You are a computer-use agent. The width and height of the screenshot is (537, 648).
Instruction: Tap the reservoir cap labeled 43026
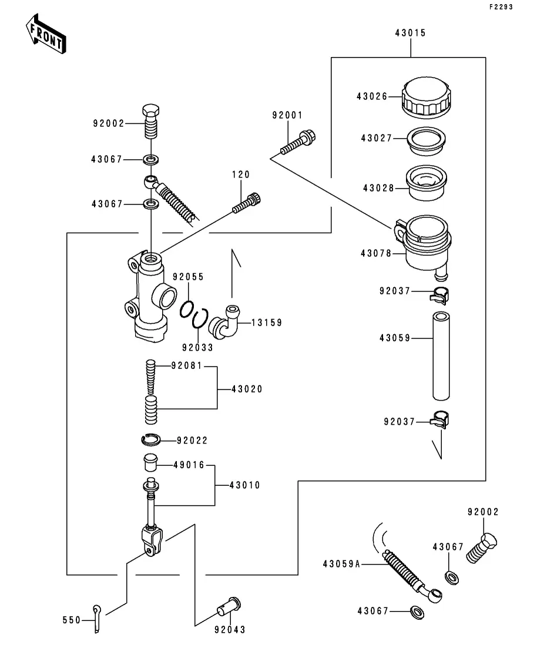pos(426,98)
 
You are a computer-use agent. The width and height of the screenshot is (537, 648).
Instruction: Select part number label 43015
pos(410,33)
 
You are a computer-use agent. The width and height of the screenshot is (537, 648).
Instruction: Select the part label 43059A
pos(341,564)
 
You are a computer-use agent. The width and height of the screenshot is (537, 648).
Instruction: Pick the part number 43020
pos(247,390)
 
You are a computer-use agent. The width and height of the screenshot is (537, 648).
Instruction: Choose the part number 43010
pos(244,485)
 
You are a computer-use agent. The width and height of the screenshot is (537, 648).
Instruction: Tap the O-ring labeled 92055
pos(187,309)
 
